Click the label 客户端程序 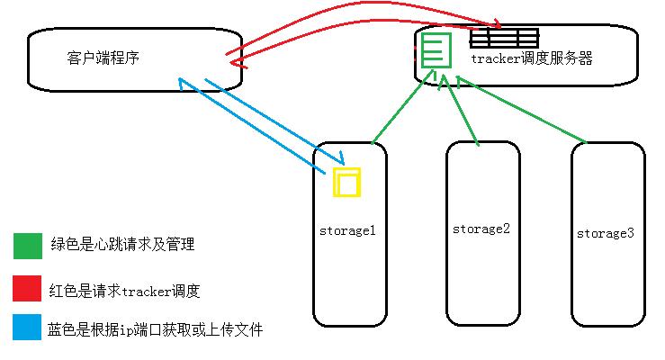103,58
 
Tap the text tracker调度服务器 532,58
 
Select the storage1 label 346,230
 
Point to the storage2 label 481,229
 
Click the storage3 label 605,233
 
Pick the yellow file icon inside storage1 346,181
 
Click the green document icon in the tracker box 434,49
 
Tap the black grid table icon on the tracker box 504,38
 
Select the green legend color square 27,246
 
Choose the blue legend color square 27,328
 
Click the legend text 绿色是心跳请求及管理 122,245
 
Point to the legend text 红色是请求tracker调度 124,291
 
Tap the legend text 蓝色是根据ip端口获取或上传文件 155,330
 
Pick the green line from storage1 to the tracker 396,112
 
